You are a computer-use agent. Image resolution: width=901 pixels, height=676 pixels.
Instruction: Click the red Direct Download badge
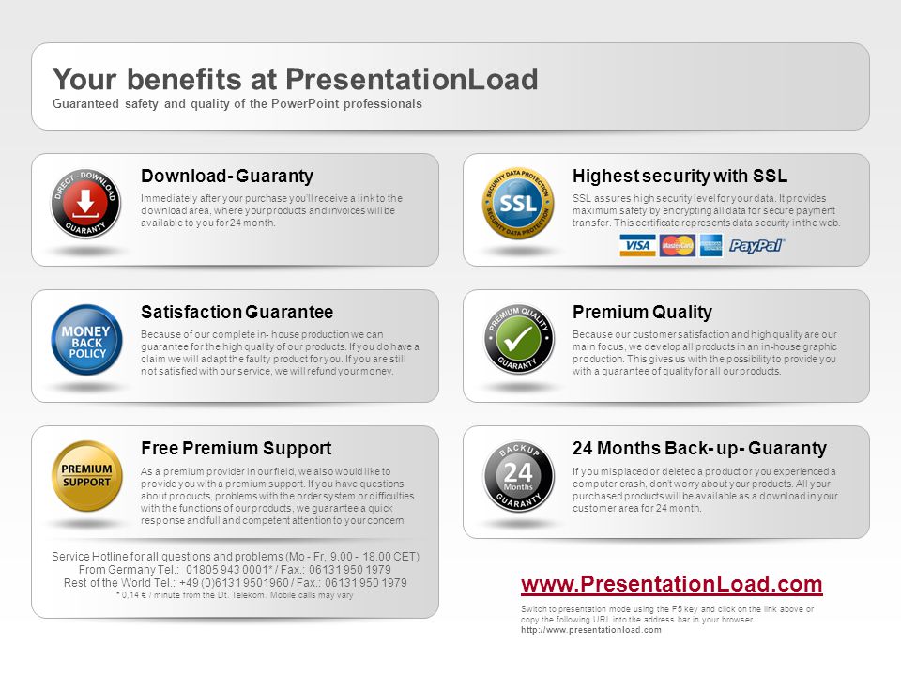tap(85, 204)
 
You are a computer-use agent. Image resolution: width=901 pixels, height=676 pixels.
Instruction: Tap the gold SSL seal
tap(518, 204)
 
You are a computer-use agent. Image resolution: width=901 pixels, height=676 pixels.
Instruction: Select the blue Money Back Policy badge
tap(86, 340)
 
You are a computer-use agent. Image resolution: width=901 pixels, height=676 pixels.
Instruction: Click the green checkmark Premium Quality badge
tap(518, 339)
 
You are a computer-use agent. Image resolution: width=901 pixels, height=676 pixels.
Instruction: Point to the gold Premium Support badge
tap(86, 476)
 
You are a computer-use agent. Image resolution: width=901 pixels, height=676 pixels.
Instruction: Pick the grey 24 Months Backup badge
tap(518, 476)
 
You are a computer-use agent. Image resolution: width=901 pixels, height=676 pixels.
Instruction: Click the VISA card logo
tap(637, 245)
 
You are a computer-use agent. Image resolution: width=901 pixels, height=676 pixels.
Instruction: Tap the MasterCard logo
tap(677, 245)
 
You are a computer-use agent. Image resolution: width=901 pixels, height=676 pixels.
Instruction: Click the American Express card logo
tap(710, 245)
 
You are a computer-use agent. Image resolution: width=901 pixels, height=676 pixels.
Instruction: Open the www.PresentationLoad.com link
tap(672, 584)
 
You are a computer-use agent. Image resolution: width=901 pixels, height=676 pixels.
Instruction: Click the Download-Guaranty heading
tap(227, 176)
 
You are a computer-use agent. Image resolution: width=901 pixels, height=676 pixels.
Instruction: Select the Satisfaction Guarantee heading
tap(237, 312)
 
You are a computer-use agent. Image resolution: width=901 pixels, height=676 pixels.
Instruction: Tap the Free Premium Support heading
tap(237, 449)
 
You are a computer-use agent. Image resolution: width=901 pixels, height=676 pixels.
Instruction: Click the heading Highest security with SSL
tap(680, 176)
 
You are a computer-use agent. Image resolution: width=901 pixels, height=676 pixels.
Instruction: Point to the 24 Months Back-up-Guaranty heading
tap(699, 449)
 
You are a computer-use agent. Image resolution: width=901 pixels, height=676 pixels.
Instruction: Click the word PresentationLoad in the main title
tap(411, 79)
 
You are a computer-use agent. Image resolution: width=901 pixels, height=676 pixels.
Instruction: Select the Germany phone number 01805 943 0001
tap(227, 570)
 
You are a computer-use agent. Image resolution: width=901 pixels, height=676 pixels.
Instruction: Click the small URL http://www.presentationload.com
tap(590, 630)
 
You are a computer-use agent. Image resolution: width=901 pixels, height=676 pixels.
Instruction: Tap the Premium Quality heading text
tap(642, 312)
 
